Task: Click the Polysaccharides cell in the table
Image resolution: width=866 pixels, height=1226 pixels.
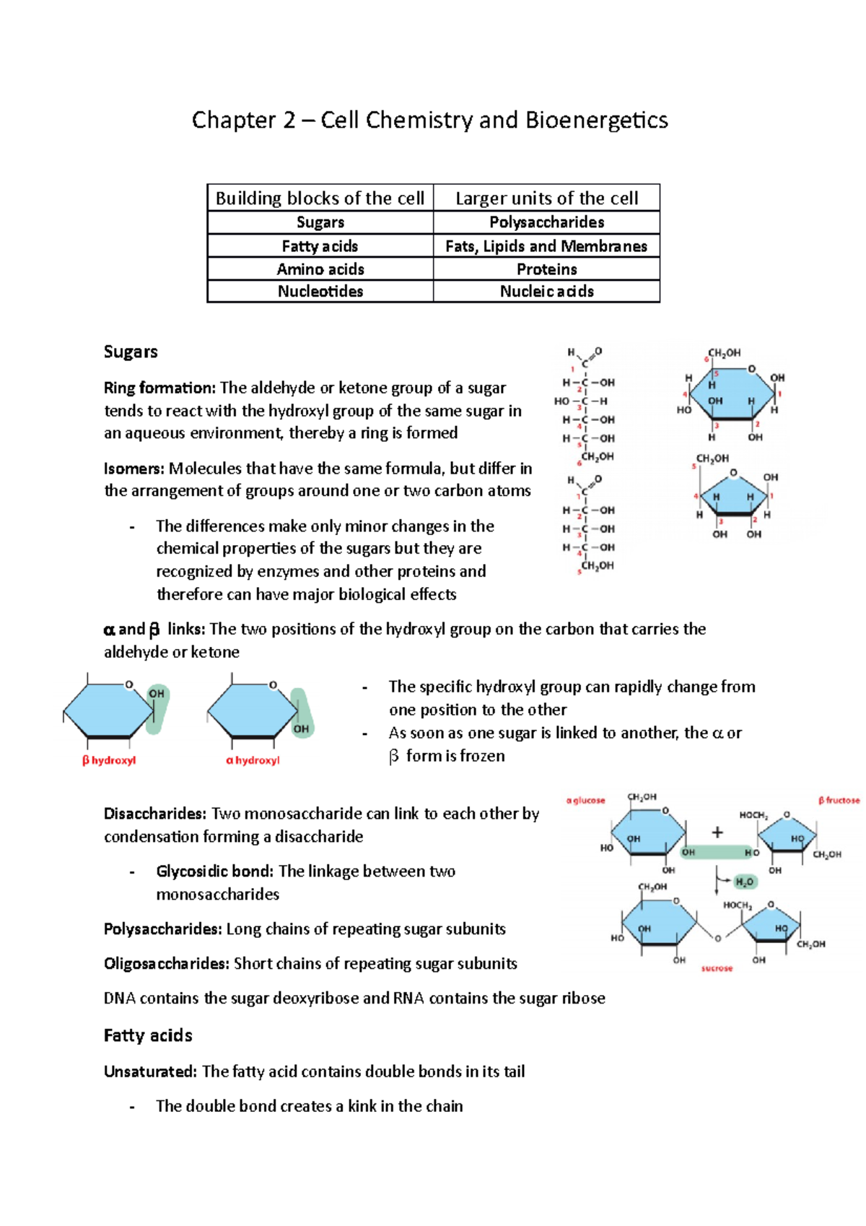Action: [x=546, y=222]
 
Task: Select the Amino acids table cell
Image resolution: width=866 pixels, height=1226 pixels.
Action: [x=320, y=269]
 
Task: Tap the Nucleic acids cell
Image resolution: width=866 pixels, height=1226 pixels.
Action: [x=546, y=292]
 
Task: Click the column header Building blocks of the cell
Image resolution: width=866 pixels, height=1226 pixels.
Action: [x=320, y=198]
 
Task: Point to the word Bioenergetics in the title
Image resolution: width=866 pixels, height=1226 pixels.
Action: [x=596, y=120]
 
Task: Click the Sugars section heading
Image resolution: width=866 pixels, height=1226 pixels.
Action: [x=131, y=352]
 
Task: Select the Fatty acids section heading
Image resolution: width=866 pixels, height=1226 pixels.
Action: [x=148, y=1035]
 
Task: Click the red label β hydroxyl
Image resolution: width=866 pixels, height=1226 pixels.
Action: [x=109, y=760]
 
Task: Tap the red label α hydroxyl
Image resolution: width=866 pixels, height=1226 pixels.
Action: [x=253, y=760]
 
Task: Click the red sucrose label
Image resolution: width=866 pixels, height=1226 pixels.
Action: [x=717, y=968]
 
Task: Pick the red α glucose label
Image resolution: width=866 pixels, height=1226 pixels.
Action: [x=585, y=800]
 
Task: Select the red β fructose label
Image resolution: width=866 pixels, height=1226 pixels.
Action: [x=839, y=800]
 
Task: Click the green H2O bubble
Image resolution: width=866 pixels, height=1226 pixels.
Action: [x=744, y=882]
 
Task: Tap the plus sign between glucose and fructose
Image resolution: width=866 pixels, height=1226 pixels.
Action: [x=717, y=832]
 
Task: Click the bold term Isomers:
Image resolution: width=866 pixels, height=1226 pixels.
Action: [x=134, y=469]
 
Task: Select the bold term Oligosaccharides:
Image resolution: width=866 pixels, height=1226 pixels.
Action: [x=167, y=964]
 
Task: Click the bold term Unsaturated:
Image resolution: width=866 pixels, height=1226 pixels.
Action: [x=150, y=1071]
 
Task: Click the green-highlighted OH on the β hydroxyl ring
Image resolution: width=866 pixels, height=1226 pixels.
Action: [x=157, y=694]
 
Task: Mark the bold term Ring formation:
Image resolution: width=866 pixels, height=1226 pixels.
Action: [x=159, y=388]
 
